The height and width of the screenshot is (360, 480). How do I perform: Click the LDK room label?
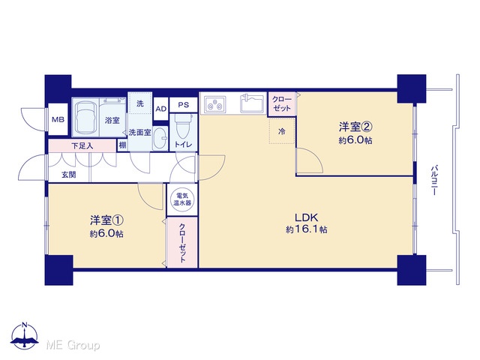point(307,217)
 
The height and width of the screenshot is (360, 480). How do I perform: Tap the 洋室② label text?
point(355,127)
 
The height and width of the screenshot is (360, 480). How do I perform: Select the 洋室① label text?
point(106,220)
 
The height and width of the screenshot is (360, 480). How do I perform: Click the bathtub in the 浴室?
point(85,117)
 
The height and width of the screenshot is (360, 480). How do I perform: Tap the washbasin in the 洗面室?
point(160,138)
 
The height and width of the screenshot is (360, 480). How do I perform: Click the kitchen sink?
point(252,103)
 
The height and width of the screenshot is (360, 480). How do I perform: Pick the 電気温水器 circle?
point(182,199)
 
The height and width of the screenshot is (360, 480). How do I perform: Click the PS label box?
point(183,105)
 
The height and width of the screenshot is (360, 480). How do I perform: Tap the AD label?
point(161,109)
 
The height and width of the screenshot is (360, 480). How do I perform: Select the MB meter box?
point(58,119)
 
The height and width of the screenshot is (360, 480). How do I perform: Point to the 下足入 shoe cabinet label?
point(82,145)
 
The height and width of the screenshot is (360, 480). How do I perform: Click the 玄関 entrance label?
point(68,175)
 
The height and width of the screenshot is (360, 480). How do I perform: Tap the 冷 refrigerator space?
point(282,131)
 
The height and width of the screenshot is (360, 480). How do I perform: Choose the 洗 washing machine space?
point(140,103)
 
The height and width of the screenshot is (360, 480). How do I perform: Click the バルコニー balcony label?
point(433,181)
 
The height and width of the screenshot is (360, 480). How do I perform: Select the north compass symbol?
point(25,335)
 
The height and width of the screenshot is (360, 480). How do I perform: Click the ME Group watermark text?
point(73,345)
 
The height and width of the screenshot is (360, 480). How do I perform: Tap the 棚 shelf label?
point(122,145)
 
